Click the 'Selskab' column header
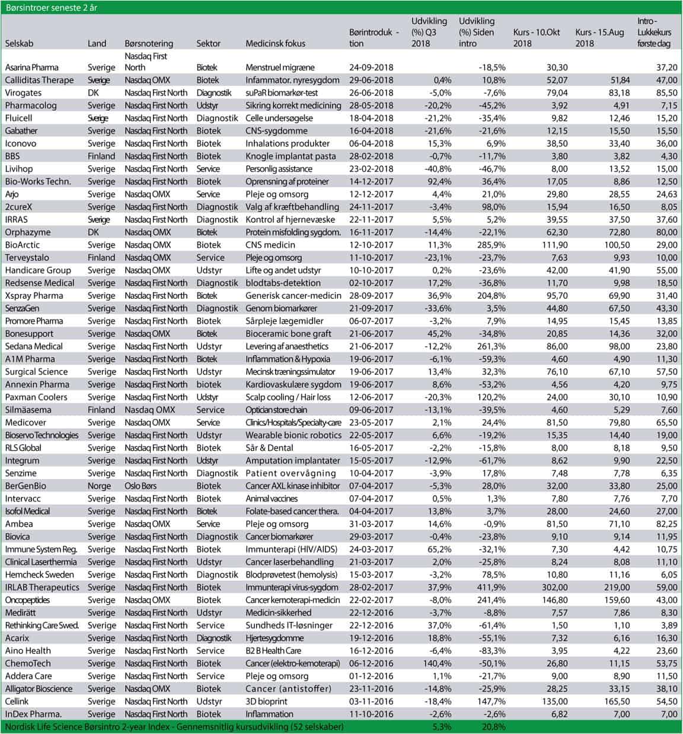[x=19, y=43]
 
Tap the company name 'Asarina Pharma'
[x=32, y=68]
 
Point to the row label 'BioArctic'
[x=23, y=245]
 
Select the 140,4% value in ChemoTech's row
[x=437, y=663]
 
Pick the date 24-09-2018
[x=371, y=68]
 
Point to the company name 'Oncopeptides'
[x=27, y=600]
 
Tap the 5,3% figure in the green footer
[x=440, y=727]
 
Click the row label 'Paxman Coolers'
[x=36, y=397]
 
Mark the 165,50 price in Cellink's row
[x=615, y=701]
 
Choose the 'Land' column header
[x=97, y=43]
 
